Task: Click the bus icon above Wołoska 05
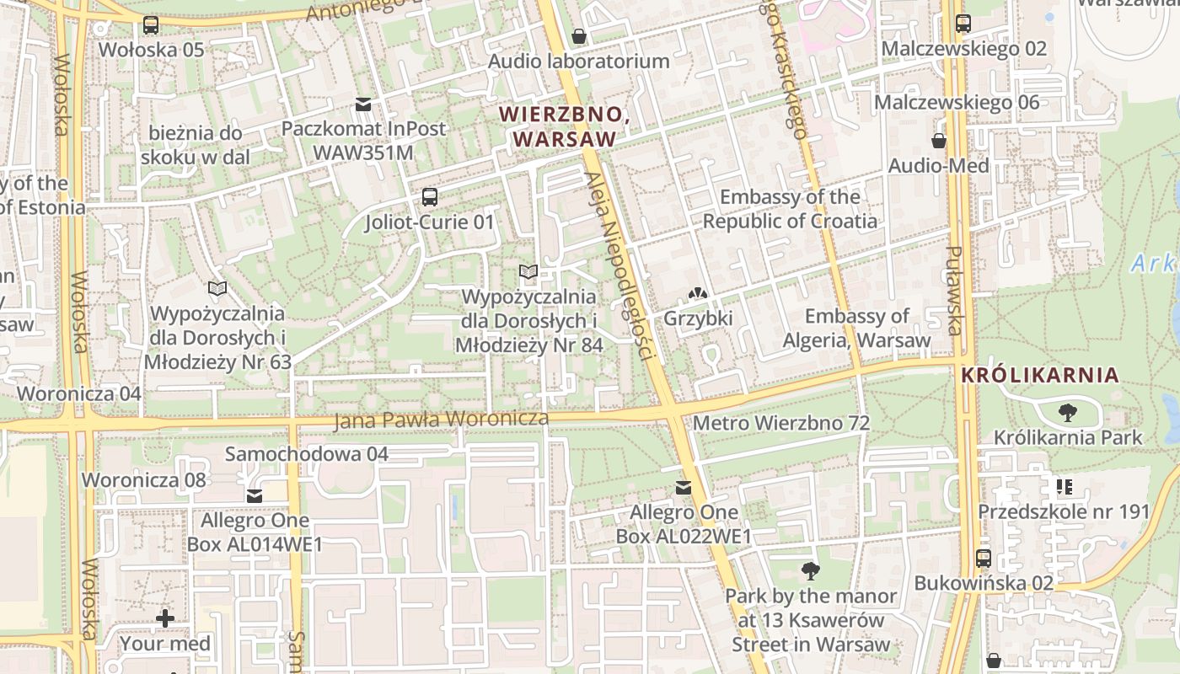pos(151,25)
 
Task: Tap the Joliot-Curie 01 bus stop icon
pos(429,197)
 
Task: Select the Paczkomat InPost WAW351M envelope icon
pos(363,104)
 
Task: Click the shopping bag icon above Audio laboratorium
pos(579,36)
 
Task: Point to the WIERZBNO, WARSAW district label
pos(564,126)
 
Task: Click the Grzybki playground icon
pos(698,294)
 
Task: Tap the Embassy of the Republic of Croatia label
pos(790,209)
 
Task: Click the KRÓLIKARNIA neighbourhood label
pos(1040,376)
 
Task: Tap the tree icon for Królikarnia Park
pos(1067,413)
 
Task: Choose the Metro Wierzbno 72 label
pos(780,423)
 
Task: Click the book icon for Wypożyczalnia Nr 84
pos(528,272)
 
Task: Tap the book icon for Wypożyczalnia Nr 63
pos(217,289)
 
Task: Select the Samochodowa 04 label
pos(306,454)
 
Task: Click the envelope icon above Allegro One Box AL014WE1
pos(254,496)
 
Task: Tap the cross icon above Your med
pos(165,619)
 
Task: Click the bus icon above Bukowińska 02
pos(983,558)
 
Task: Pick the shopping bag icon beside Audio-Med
pos(939,141)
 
